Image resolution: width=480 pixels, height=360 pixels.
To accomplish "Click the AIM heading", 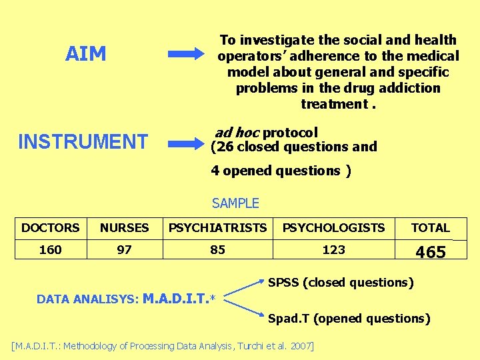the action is point(85,54).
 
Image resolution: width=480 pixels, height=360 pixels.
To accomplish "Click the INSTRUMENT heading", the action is point(83,141).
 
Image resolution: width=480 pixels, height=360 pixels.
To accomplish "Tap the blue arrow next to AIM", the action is point(186,54).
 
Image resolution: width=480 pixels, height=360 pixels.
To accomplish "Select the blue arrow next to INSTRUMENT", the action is point(186,142).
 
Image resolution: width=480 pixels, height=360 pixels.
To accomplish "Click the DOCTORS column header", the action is point(50,228).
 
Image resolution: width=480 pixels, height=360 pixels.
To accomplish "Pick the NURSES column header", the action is point(124,228).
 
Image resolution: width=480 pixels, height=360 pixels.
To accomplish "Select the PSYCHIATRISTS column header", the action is point(217,228).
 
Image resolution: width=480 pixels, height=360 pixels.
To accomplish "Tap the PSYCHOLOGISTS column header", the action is point(333,228).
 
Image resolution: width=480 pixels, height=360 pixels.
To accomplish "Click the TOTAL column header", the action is point(430,228).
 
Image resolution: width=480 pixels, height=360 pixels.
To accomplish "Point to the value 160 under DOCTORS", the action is point(50,250).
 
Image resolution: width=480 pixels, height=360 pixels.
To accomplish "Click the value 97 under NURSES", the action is point(124,250).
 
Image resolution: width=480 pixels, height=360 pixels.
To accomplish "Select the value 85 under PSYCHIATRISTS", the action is point(217,250).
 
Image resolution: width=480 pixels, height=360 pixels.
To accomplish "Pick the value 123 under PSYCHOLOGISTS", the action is point(333,250).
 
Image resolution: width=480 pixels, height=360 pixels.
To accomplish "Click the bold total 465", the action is point(430,252).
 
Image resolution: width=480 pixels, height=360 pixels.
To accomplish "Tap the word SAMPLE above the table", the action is point(235,203).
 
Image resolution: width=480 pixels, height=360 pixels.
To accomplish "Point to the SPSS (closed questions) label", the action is point(341,283).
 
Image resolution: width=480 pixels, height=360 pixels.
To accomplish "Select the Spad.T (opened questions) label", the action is point(349,319).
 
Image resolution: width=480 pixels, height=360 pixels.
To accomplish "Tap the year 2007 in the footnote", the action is point(299,345).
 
